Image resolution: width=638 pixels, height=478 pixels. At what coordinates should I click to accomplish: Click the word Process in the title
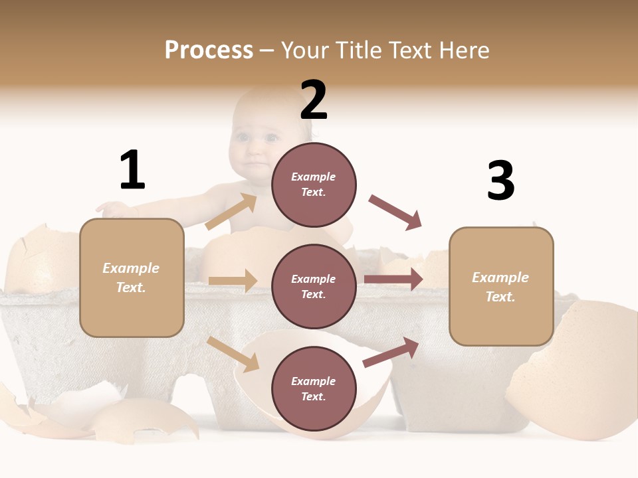(x=209, y=50)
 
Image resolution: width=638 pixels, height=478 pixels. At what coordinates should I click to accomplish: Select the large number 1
(x=132, y=171)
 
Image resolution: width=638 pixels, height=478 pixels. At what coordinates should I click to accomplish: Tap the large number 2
(x=314, y=101)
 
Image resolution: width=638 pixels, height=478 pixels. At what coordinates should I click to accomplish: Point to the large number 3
(x=500, y=181)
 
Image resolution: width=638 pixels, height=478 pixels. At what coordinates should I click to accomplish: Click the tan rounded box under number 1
(x=132, y=278)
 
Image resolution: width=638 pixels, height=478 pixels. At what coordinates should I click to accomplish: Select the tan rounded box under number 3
(x=501, y=287)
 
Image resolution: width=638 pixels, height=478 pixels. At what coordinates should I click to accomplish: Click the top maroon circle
(x=314, y=185)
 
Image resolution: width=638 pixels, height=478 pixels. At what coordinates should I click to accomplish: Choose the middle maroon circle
(x=314, y=287)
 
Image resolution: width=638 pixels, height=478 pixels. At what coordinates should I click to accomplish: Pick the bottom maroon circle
(x=314, y=389)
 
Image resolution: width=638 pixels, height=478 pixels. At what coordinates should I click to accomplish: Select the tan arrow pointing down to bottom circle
(x=233, y=354)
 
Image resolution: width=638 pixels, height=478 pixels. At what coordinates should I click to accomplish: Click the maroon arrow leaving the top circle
(x=395, y=212)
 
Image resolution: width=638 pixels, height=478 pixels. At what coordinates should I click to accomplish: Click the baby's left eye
(x=271, y=138)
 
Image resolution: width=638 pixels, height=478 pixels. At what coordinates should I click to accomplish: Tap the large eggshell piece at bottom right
(x=578, y=372)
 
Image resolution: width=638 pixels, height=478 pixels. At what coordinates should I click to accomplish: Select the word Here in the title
(x=465, y=50)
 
